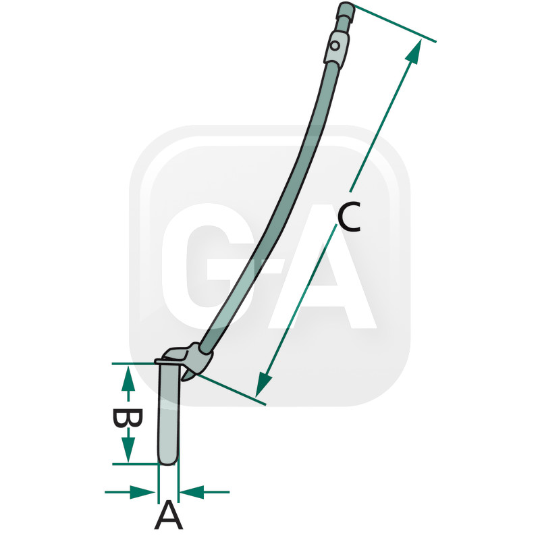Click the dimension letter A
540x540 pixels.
tap(168, 515)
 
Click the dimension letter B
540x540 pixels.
tap(128, 418)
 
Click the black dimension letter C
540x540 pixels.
tap(349, 217)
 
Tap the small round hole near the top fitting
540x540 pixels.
tap(334, 45)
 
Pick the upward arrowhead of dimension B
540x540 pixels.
tap(128, 379)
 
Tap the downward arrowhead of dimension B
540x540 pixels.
tap(128, 450)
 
